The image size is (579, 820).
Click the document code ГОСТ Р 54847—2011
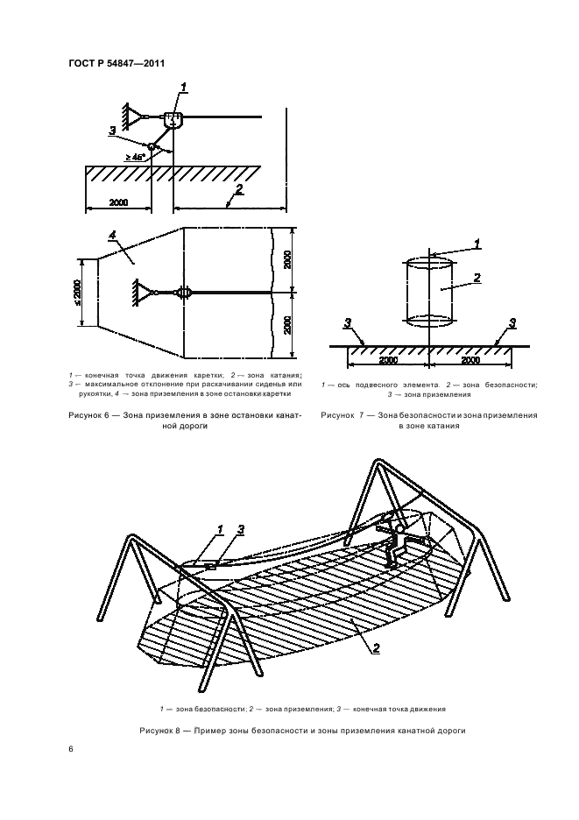[x=117, y=63]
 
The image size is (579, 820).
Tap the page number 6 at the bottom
[x=71, y=749]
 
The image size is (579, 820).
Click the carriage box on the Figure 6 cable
[x=173, y=119]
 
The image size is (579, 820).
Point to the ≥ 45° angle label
[x=137, y=157]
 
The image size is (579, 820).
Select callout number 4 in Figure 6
[x=112, y=236]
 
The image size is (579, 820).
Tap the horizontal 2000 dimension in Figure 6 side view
[x=118, y=202]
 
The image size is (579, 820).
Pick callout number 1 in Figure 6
[x=185, y=85]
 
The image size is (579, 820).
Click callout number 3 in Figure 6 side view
[x=112, y=130]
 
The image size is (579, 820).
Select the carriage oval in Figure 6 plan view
[x=183, y=293]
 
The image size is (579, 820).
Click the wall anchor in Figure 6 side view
[x=130, y=115]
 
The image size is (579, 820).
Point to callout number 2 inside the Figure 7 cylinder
[x=477, y=278]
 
